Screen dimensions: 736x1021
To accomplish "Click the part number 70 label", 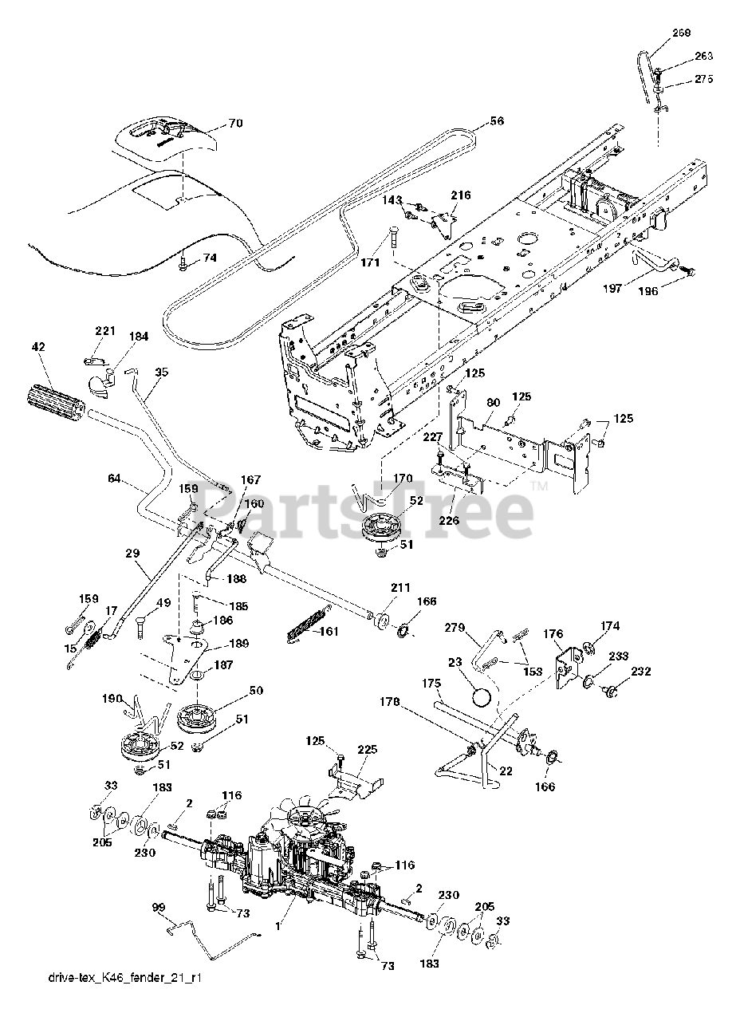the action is coord(235,123).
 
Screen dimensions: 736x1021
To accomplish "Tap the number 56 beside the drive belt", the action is coord(498,120).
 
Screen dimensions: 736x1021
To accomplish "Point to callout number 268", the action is coord(682,33).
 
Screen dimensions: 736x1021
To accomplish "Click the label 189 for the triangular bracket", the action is coord(240,643).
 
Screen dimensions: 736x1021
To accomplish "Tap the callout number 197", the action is coord(612,288).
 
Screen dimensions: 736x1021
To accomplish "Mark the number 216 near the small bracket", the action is coord(461,195).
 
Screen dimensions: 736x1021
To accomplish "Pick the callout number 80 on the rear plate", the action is coord(494,403).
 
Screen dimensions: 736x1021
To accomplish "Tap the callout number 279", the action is coord(455,628).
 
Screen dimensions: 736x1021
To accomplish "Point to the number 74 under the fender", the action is coord(210,258).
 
